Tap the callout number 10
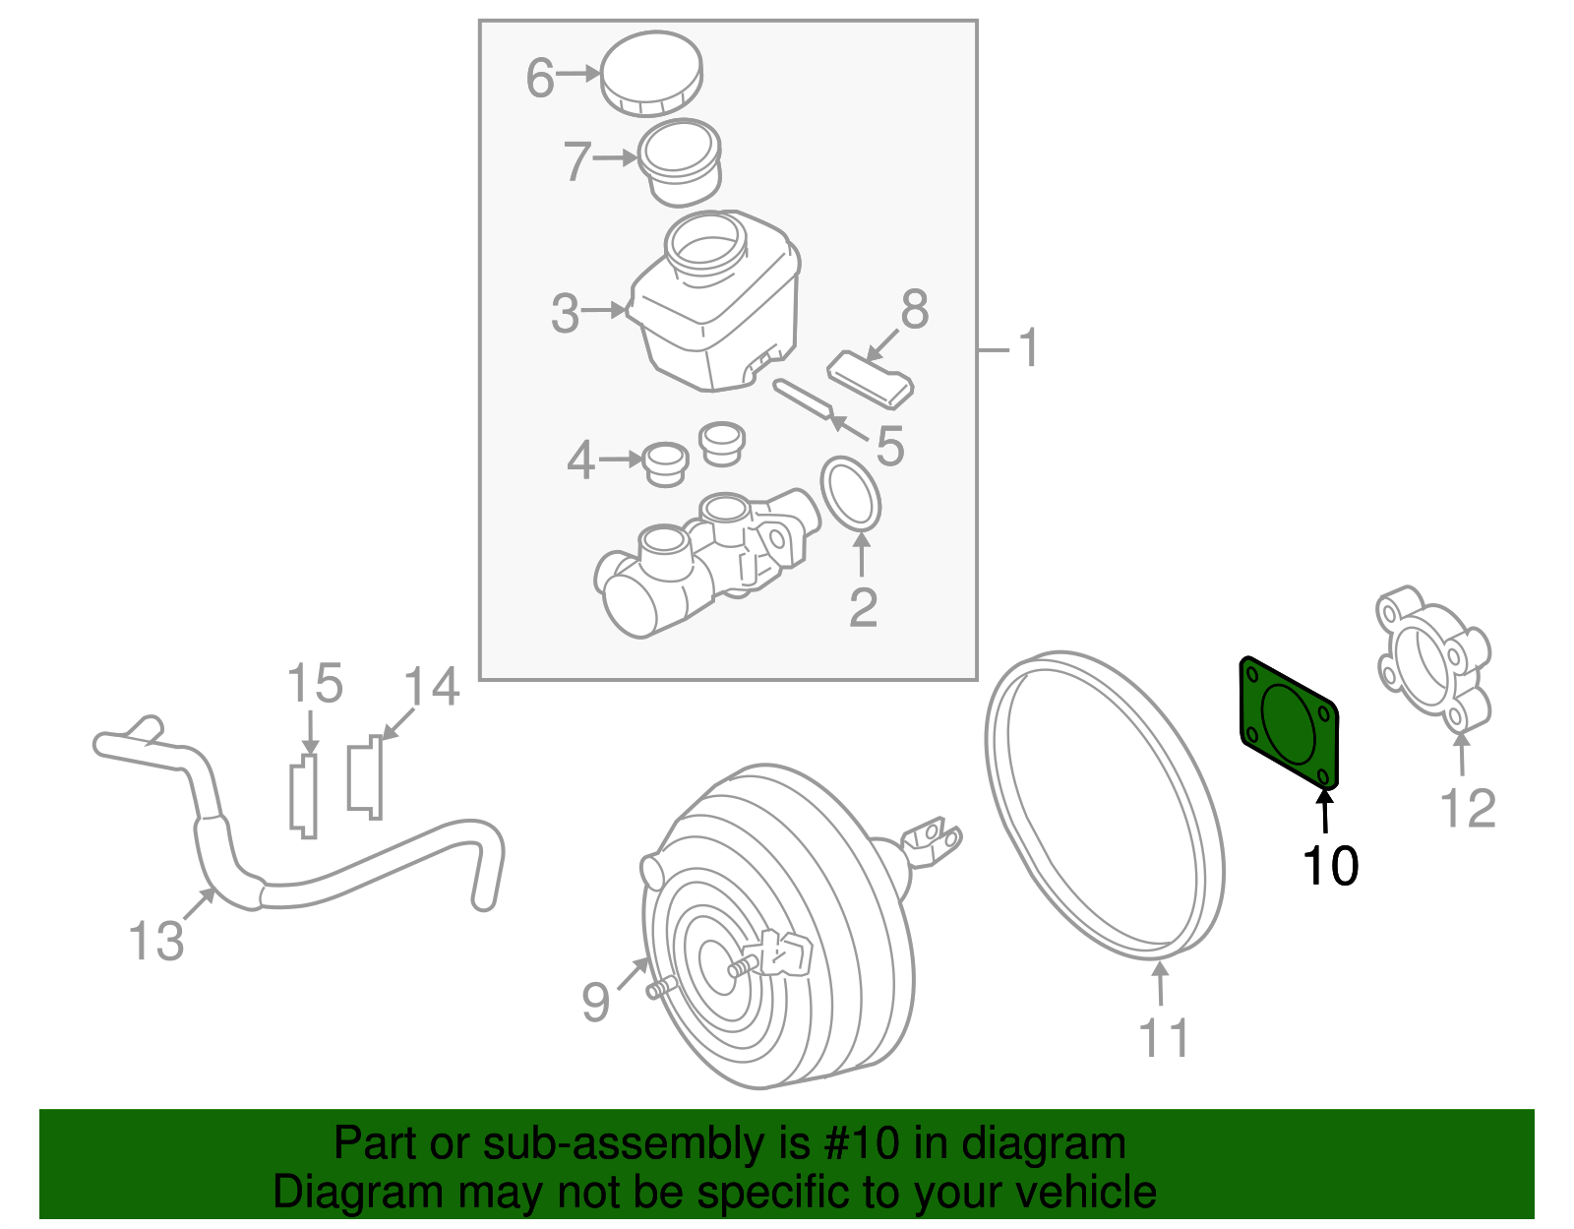pos(1329,866)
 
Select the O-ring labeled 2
pos(851,493)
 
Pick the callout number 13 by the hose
pos(156,942)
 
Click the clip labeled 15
pos(304,795)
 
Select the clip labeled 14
pos(365,777)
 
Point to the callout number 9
pos(595,1002)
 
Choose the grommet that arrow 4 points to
pos(666,462)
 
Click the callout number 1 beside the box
pos(1028,349)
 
